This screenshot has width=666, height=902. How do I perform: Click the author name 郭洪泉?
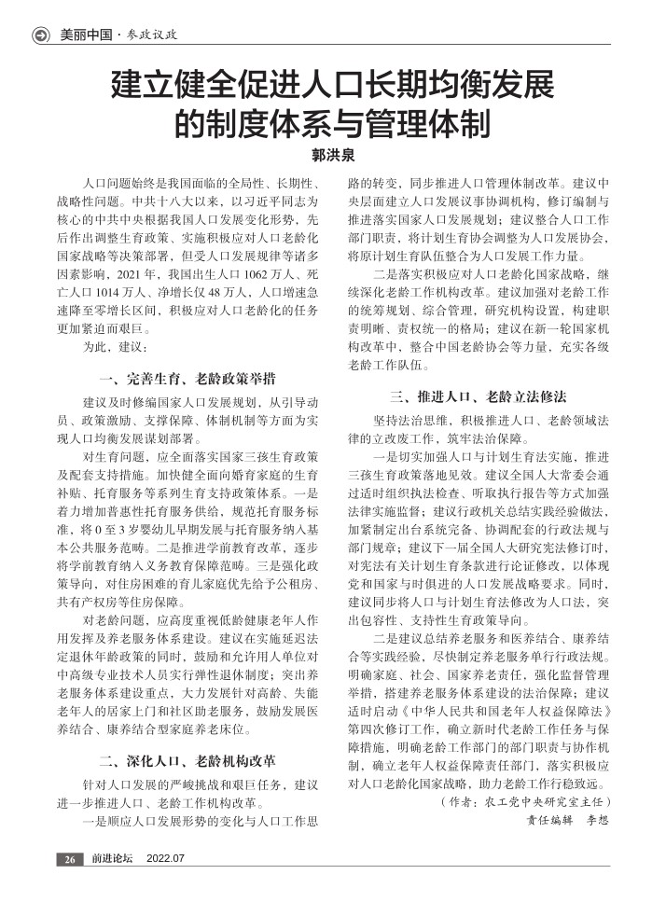pyautogui.click(x=332, y=154)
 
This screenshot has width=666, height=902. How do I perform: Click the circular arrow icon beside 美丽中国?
pyautogui.click(x=40, y=35)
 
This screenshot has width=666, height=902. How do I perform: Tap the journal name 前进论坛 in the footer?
pyautogui.click(x=112, y=858)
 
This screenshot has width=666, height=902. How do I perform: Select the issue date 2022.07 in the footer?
pyautogui.click(x=166, y=858)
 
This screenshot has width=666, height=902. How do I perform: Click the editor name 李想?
pyautogui.click(x=596, y=822)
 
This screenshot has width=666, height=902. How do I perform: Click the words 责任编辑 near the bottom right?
pyautogui.click(x=548, y=822)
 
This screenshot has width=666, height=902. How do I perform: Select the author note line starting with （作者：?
pyautogui.click(x=524, y=802)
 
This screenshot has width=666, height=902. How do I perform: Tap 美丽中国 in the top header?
pyautogui.click(x=82, y=35)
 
